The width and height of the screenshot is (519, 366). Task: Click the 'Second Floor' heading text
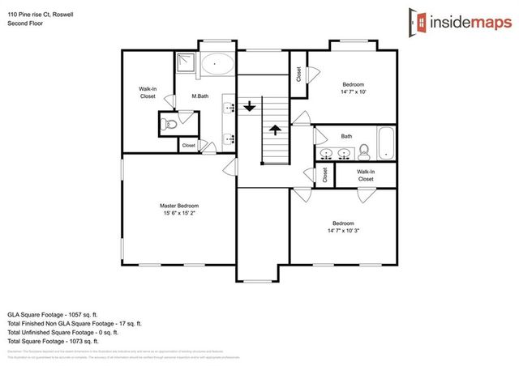26,23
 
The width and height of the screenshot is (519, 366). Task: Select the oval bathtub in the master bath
216,63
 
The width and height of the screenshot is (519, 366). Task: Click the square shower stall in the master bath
189,62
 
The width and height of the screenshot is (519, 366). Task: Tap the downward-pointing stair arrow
250,105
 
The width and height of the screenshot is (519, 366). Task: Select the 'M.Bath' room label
200,97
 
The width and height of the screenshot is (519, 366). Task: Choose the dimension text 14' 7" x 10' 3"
346,231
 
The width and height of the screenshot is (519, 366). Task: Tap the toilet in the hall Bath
364,151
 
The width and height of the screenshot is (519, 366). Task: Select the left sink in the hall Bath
327,153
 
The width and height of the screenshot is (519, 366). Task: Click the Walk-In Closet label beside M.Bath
147,92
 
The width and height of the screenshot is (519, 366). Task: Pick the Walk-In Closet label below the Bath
366,174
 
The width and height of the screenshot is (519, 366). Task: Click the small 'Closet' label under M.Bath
188,146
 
